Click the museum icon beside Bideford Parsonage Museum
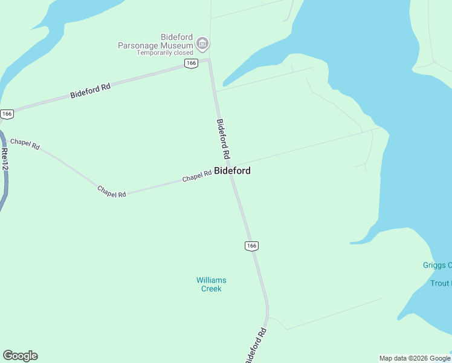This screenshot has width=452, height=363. pyautogui.click(x=202, y=43)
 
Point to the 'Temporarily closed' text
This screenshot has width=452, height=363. pyautogui.click(x=164, y=53)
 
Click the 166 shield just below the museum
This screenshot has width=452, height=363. pyautogui.click(x=191, y=64)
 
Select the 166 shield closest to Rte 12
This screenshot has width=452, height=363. pyautogui.click(x=7, y=114)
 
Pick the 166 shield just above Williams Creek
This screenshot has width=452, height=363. pyautogui.click(x=252, y=245)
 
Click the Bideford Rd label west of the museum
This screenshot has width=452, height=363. pyautogui.click(x=91, y=91)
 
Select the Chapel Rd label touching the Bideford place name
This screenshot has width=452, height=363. pyautogui.click(x=197, y=176)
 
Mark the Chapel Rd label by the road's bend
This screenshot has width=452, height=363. pyautogui.click(x=111, y=191)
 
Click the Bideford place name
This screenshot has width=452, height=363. pyautogui.click(x=232, y=171)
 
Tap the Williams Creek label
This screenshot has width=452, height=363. pyautogui.click(x=211, y=284)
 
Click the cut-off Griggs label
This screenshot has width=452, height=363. pyautogui.click(x=437, y=265)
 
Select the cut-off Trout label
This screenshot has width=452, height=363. pyautogui.click(x=440, y=283)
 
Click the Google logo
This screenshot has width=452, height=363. pyautogui.click(x=20, y=356)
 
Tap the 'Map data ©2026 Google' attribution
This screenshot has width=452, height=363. pyautogui.click(x=415, y=358)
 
